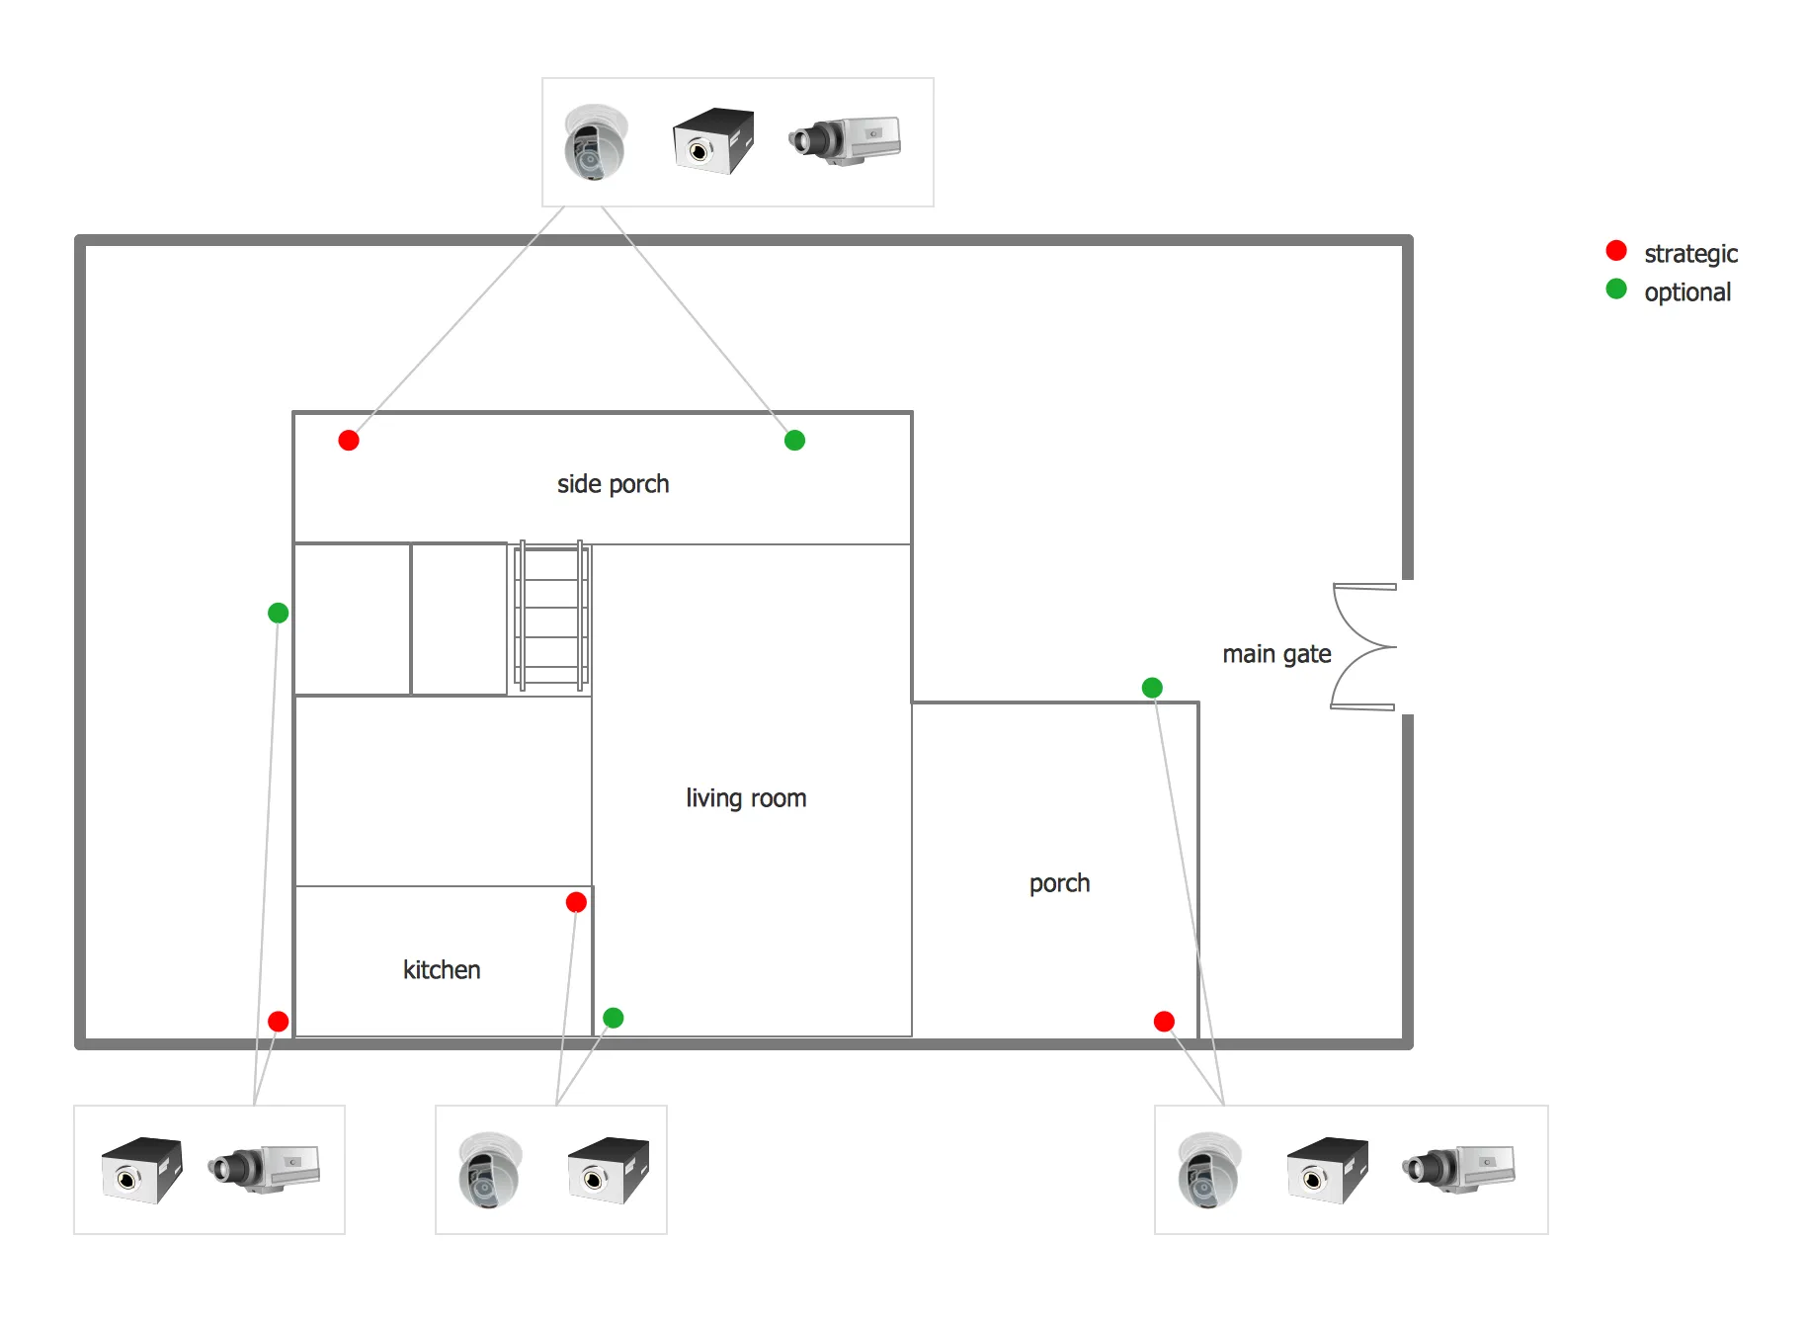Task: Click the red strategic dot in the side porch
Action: pos(349,441)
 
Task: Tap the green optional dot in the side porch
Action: pos(794,441)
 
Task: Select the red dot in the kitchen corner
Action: pos(576,902)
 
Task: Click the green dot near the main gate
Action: pos(1152,688)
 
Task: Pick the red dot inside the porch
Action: pos(1164,1022)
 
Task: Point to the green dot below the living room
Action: pos(613,1018)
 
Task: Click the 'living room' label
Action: pos(746,798)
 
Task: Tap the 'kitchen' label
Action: pos(442,970)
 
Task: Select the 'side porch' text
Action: pos(613,484)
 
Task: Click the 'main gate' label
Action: pos(1276,654)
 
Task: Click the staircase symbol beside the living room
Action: pos(551,617)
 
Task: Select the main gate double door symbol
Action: pos(1364,647)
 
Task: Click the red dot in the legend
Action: pos(1616,251)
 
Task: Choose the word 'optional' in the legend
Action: pos(1687,292)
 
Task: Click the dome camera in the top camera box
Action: pos(596,143)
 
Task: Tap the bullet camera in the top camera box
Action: pos(845,139)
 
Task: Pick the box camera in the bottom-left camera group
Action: pos(142,1170)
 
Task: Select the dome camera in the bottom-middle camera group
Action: pos(489,1170)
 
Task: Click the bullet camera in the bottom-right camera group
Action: pos(1458,1168)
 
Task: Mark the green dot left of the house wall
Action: pos(279,614)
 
